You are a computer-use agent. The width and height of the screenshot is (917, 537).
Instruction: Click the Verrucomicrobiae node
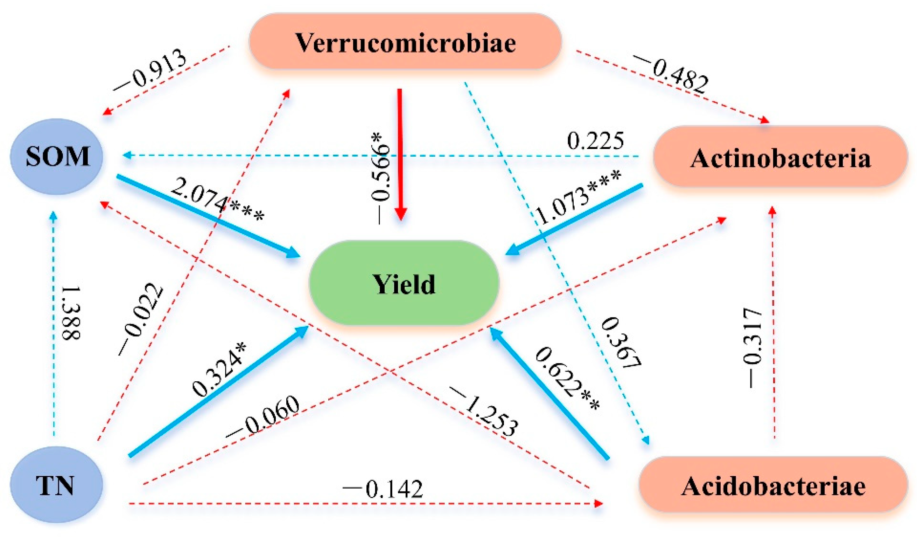click(x=405, y=42)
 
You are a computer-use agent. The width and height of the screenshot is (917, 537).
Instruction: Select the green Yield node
click(x=404, y=283)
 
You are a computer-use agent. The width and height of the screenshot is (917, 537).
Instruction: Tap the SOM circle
click(x=57, y=157)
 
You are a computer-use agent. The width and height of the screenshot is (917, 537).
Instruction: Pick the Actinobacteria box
click(x=780, y=158)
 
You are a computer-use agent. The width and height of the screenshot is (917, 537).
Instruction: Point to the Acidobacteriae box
click(x=773, y=485)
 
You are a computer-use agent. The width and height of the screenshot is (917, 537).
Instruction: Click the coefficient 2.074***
click(x=217, y=198)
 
